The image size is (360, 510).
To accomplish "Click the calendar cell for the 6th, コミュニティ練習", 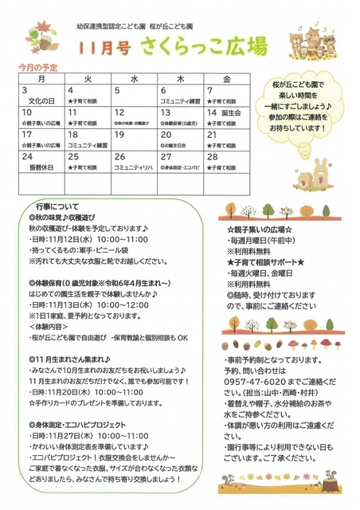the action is [x=181, y=96].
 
